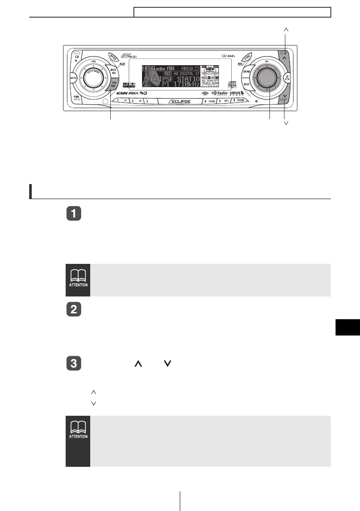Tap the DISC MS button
(114, 72)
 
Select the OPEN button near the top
(102, 57)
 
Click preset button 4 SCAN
(209, 101)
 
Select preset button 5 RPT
(223, 101)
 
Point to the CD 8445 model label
(230, 56)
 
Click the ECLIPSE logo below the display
(180, 102)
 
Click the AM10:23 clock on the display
(190, 69)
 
